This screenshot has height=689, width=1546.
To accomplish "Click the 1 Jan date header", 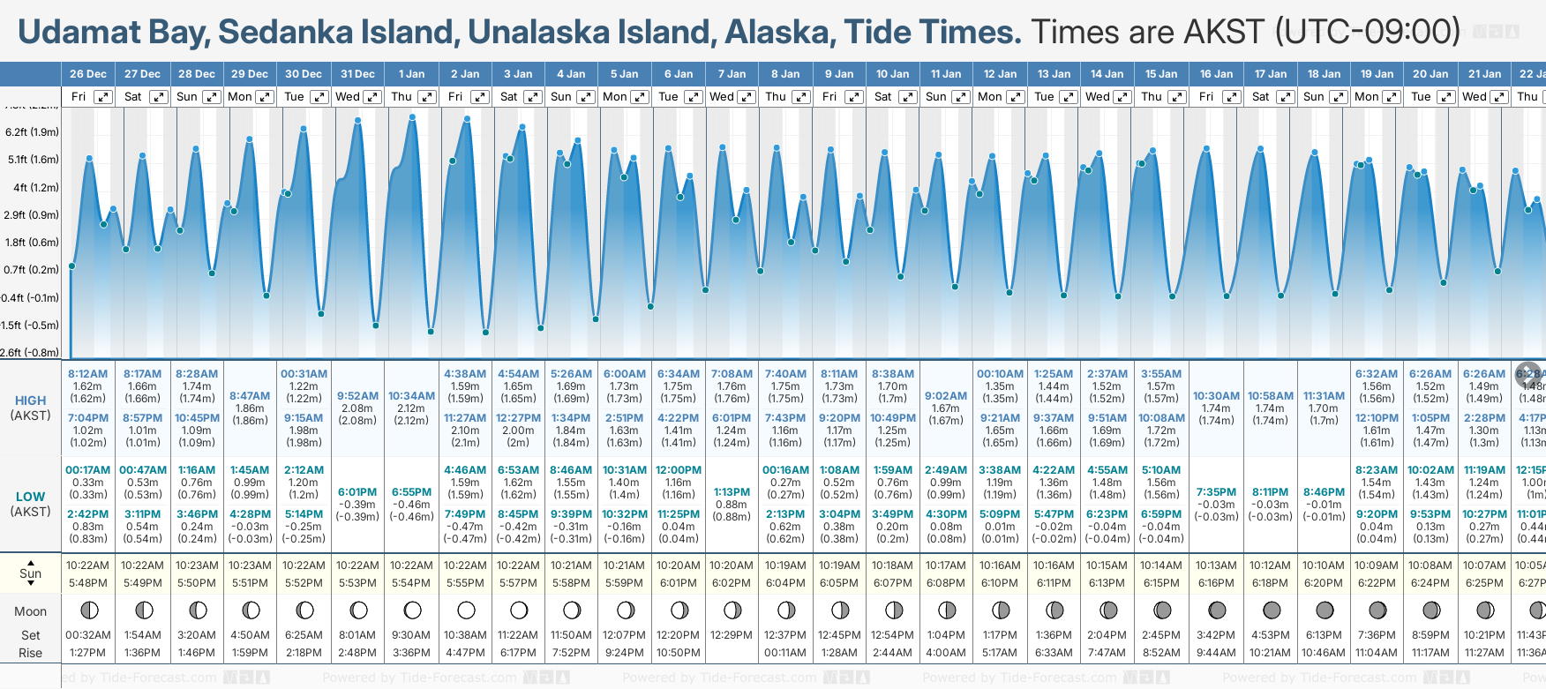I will pos(411,74).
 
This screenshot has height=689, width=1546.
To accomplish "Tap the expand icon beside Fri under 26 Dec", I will pos(103,97).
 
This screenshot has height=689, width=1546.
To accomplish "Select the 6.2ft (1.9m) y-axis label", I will pos(32,132).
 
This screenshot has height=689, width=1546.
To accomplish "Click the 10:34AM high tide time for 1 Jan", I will pos(411,396).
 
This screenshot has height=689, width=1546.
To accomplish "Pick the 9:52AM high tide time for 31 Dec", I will pos(357,396).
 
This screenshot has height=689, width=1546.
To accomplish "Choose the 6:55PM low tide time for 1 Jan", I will pos(411,492).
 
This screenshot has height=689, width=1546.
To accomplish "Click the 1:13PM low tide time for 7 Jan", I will pos(732,492).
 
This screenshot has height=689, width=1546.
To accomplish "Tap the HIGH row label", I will pos(31,401).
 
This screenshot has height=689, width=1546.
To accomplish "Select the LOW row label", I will pos(31,497).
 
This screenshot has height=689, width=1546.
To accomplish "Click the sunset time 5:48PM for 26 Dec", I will pos(88,583).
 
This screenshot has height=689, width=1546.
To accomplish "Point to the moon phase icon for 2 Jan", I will pos(466,610).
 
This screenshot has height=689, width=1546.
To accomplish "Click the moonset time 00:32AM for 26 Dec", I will pos(88,635).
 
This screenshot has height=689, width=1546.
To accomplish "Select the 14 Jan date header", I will pos(1107,74).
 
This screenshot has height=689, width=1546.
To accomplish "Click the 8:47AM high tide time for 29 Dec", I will pos(250,396).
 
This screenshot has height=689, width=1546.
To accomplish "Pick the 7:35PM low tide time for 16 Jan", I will pos(1216,492).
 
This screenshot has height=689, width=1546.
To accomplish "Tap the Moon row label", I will pos(31,611).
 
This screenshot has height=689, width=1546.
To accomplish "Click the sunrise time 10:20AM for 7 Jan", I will pos(732,565).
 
